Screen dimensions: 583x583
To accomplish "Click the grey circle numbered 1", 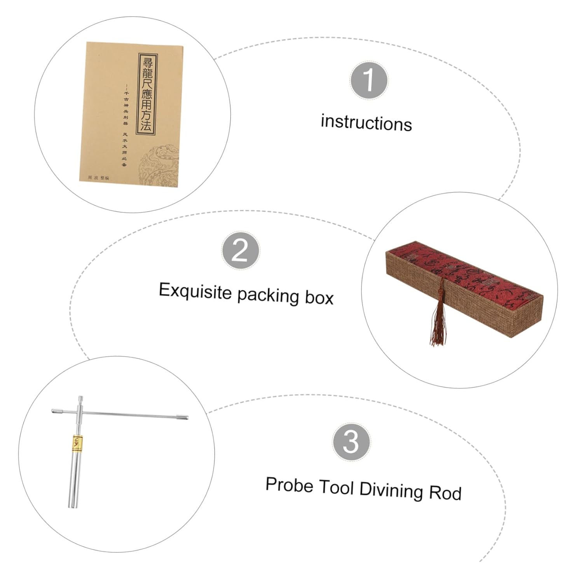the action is (368, 80).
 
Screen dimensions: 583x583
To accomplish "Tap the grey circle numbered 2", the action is (240, 251).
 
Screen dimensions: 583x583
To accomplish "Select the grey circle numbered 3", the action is (351, 442).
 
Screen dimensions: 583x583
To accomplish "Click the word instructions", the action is (366, 123).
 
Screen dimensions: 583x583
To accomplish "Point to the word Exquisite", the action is (195, 291).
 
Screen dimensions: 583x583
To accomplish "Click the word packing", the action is (268, 296).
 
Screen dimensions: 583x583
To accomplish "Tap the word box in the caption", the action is (319, 298).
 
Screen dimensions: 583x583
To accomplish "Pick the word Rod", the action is (445, 493).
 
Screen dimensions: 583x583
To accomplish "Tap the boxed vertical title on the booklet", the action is (146, 94).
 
